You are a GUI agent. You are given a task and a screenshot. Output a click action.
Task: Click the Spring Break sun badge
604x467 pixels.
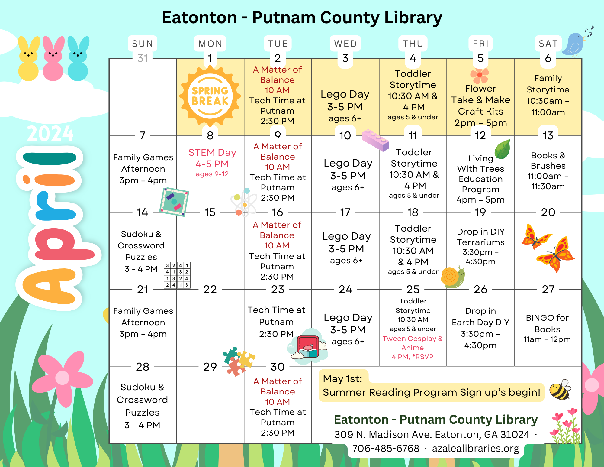pyautogui.click(x=210, y=96)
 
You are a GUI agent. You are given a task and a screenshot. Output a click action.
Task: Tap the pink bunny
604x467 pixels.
pyautogui.click(x=53, y=59)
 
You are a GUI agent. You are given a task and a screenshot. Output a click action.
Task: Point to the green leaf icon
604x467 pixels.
pyautogui.click(x=503, y=149)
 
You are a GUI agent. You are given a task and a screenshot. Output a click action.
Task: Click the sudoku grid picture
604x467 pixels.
pyautogui.click(x=177, y=275)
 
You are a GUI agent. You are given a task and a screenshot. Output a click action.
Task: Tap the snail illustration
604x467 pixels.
pyautogui.click(x=452, y=277)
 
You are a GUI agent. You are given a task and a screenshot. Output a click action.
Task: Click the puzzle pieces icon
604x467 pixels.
pyautogui.click(x=239, y=361)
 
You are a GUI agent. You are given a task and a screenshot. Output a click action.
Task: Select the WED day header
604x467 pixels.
pyautogui.click(x=345, y=44)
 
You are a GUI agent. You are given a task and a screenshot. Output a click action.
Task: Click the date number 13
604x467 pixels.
pyautogui.click(x=548, y=136)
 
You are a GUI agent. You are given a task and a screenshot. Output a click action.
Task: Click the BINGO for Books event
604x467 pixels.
pyautogui.click(x=547, y=328)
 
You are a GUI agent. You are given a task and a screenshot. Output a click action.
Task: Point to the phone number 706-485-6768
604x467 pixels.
pyautogui.click(x=386, y=448)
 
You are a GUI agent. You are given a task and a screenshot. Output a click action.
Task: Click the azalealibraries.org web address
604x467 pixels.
pyautogui.click(x=475, y=448)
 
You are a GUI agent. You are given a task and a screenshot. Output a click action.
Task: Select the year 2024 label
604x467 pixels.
pyautogui.click(x=50, y=134)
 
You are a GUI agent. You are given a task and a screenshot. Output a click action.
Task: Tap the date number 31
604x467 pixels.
pyautogui.click(x=143, y=58)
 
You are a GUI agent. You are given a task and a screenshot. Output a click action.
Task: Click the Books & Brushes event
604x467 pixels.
pyautogui.click(x=548, y=170)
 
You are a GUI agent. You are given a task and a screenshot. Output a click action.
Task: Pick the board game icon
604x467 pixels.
pyautogui.click(x=174, y=202)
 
